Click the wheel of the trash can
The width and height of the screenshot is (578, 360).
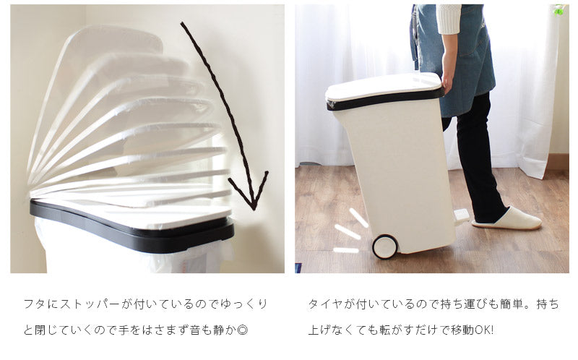[x=385, y=247]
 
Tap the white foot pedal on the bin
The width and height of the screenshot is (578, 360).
[x=462, y=216]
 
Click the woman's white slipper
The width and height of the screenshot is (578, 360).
[x=508, y=219]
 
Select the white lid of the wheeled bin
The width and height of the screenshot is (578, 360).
[x=384, y=85]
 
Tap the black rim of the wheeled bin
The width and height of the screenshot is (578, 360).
[x=385, y=99]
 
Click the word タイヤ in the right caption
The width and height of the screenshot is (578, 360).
[x=326, y=304]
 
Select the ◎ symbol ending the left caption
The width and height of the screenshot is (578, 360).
[x=243, y=330]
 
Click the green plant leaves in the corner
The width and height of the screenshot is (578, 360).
[x=559, y=10]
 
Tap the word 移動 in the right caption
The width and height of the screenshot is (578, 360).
[x=462, y=330]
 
